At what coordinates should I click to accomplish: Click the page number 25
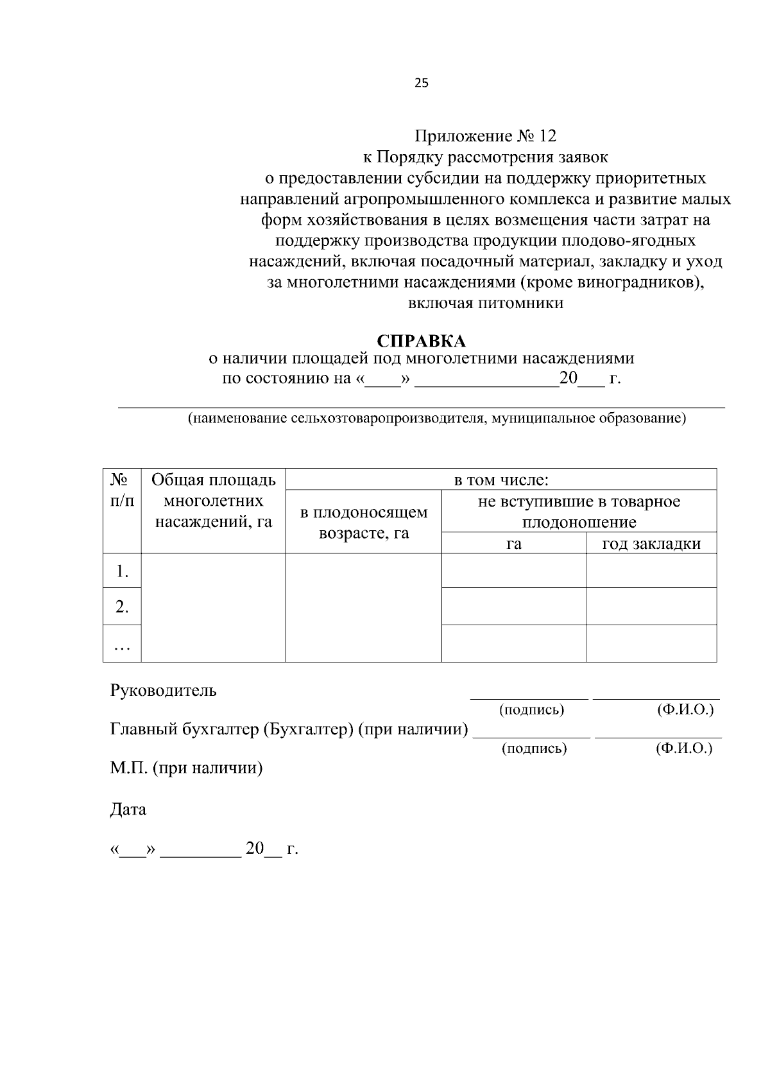pos(422,83)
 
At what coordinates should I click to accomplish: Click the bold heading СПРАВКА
pos(421,341)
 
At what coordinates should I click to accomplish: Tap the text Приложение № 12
pos(486,136)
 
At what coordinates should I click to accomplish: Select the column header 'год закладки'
pos(651,544)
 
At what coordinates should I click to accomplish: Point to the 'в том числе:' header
pos(501,480)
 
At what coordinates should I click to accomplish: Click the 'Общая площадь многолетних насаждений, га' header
pos(214,501)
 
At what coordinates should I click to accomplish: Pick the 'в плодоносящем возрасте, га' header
pos(364,523)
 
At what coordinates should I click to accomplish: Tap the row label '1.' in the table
pos(122,571)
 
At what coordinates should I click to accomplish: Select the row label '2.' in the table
pos(122,606)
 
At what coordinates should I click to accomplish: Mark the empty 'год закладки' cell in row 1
pos(651,571)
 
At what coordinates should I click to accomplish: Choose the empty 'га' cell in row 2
pos(513,606)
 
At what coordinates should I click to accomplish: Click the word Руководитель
pos(164,691)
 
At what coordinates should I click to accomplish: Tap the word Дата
pos(128,809)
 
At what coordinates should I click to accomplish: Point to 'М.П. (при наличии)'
pos(187,768)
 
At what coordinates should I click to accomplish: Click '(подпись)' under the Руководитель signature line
pos(531,710)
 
